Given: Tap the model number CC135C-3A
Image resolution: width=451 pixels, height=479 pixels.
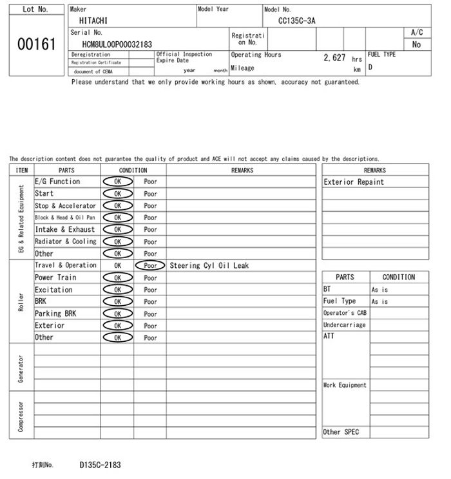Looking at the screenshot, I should click(x=297, y=21).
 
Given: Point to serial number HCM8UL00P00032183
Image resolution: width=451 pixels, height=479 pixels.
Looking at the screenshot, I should click(x=117, y=44).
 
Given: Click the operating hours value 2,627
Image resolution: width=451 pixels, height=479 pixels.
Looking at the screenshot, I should click(x=334, y=58).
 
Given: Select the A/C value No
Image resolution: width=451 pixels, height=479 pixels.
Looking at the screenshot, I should click(x=416, y=44).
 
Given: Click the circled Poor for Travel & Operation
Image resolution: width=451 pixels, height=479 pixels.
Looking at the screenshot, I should click(x=150, y=265).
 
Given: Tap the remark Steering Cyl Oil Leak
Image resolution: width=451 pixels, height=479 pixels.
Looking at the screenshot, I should click(x=209, y=265).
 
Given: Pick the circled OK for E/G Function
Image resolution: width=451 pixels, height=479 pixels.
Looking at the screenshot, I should click(x=117, y=182).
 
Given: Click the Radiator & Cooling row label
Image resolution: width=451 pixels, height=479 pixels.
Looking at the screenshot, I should click(x=66, y=241).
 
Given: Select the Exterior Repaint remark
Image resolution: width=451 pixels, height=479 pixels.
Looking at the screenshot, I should click(x=354, y=182).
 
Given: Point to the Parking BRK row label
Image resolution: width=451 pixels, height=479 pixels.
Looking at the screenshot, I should click(x=55, y=314).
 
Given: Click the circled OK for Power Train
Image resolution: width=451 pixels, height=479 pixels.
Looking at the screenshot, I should click(x=117, y=277).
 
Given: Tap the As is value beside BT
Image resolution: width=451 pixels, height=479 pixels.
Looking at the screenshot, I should click(x=379, y=290).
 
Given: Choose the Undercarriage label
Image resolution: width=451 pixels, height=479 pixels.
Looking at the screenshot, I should click(x=344, y=325).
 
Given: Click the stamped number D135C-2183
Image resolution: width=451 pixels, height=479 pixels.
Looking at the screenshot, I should click(x=100, y=464).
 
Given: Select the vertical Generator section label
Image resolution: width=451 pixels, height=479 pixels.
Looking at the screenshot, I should click(x=21, y=367).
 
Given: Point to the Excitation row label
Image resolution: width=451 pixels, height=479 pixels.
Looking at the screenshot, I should click(x=53, y=290).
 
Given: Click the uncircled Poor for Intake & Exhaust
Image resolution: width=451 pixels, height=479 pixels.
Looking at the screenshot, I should click(x=150, y=230).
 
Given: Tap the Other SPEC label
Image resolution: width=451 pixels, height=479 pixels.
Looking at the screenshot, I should click(x=341, y=432).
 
